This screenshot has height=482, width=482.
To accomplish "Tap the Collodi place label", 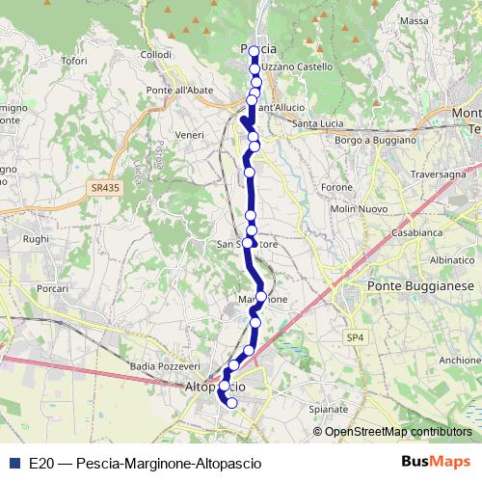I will click(x=156, y=55).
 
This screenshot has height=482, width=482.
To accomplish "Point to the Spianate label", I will click(x=329, y=409).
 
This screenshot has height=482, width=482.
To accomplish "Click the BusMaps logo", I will click(x=437, y=462).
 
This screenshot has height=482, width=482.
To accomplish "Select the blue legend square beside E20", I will click(x=13, y=463).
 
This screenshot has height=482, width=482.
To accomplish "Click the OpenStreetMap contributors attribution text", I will click(x=397, y=432).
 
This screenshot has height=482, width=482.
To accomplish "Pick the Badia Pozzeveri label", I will click(x=161, y=366).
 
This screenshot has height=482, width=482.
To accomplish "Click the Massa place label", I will click(x=414, y=20).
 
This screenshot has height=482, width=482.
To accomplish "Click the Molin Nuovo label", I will click(x=358, y=209).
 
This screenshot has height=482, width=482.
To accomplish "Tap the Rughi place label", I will click(x=35, y=239).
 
